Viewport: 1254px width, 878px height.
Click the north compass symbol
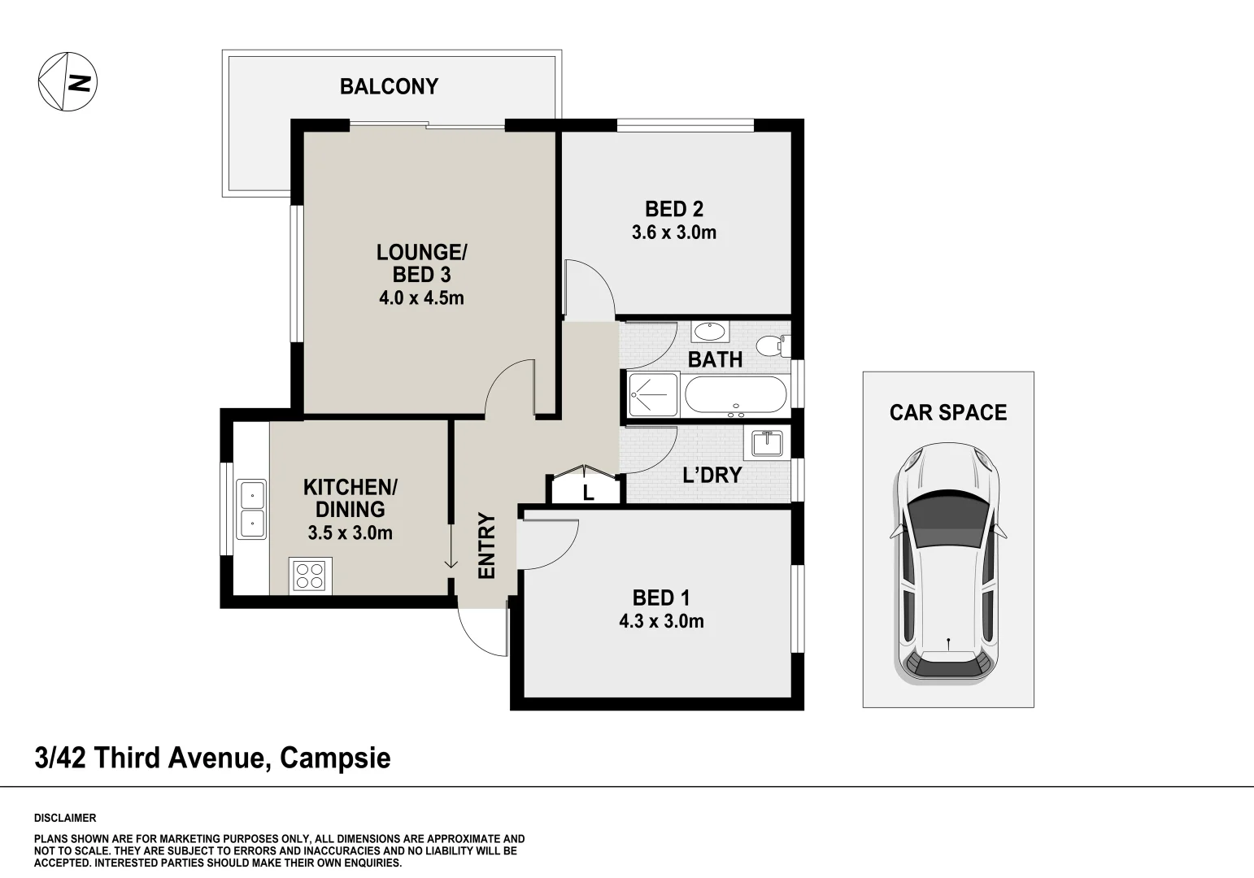67,81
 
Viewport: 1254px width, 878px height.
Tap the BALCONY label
389,86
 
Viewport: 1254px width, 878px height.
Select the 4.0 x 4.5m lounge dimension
421,298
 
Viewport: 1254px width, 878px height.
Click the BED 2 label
674,209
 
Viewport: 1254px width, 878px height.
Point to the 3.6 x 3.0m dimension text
674,232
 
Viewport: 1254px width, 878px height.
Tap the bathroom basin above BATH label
710,331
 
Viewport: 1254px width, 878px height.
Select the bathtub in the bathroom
736,395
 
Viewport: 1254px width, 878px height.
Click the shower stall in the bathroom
653,394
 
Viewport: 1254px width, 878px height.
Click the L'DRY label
712,475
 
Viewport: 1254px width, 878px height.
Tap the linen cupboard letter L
588,493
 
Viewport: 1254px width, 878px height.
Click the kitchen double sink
251,509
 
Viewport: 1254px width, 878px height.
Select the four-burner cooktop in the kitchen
310,576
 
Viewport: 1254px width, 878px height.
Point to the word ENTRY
486,545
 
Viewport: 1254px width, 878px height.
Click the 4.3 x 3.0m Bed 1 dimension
661,621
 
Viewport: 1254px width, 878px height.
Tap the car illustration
948,564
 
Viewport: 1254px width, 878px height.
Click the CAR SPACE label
948,412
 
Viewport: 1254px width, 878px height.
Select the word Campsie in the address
335,758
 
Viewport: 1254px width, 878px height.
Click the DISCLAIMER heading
65,818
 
